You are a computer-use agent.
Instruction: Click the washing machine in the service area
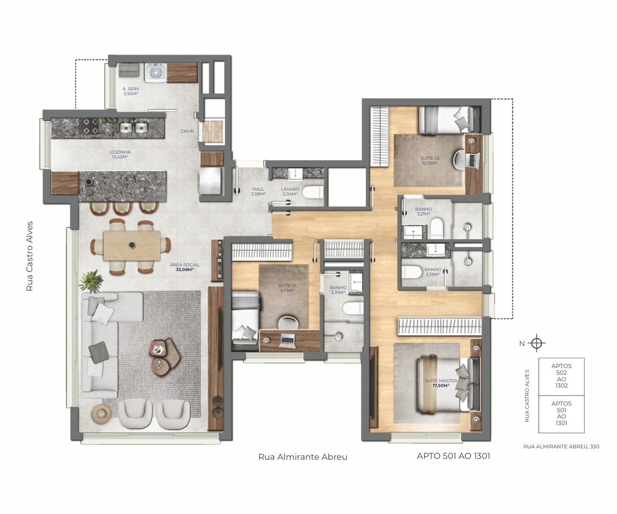156,72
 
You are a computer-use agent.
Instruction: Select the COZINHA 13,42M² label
120,154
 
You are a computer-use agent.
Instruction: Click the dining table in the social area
132,246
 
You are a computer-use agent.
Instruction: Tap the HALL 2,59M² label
258,192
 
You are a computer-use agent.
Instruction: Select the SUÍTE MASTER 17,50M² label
441,383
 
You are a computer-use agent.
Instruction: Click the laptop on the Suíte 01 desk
287,340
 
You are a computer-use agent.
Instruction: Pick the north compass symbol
537,343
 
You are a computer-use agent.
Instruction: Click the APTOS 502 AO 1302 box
561,377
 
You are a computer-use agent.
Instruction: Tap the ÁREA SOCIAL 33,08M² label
185,267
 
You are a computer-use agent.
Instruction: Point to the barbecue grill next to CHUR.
212,132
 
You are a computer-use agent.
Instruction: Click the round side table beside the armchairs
101,414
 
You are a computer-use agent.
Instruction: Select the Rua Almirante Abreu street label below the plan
303,457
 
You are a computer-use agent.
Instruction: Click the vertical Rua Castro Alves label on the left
29,256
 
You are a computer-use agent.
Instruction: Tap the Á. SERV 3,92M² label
131,91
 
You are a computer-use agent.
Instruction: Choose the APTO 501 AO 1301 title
453,456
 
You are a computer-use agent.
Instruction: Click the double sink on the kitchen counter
134,128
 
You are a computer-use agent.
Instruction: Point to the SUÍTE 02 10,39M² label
430,161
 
